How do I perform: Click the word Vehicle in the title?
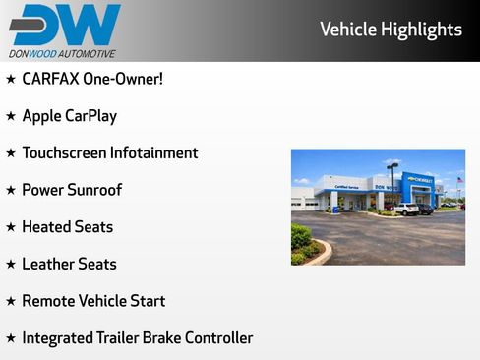point(347,30)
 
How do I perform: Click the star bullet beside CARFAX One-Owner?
point(11,79)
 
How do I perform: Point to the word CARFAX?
point(52,79)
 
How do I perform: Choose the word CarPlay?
point(90,116)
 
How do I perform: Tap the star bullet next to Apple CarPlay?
point(11,116)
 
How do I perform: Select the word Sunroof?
point(94,190)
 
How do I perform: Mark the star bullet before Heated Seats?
point(11,227)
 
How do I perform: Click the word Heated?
point(46,227)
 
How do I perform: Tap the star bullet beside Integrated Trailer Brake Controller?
point(11,338)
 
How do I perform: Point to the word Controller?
point(216,338)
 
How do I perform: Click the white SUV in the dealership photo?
point(405,209)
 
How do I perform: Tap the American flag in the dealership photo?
point(458,180)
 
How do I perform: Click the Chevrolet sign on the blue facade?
point(419,180)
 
